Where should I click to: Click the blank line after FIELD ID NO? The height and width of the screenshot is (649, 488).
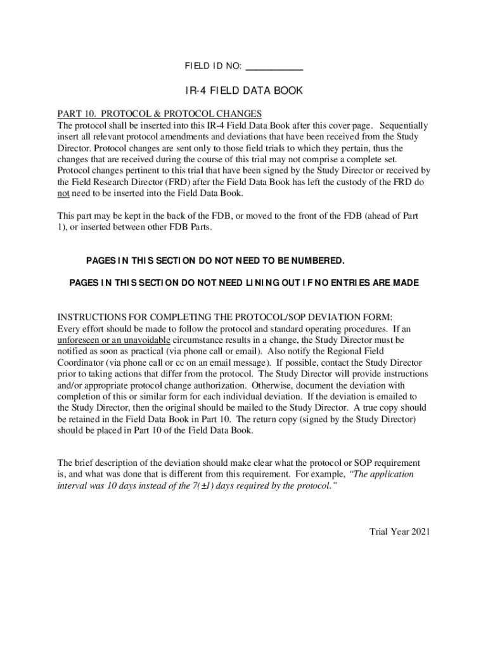[274, 67]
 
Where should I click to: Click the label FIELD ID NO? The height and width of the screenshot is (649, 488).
[213, 66]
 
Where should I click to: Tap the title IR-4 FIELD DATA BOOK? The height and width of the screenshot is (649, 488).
[244, 91]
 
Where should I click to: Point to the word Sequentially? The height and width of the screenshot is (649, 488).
[404, 125]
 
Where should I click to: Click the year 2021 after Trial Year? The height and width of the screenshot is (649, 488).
[421, 532]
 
